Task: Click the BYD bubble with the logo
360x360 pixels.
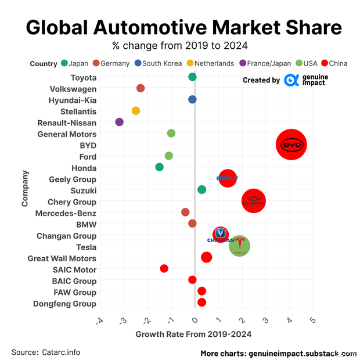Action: tap(291, 145)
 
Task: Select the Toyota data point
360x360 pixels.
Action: tap(192, 77)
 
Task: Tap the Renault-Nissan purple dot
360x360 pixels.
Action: tap(120, 122)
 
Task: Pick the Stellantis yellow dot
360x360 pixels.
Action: tap(136, 111)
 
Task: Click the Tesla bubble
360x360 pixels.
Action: tap(239, 246)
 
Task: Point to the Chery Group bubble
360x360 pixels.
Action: tap(253, 201)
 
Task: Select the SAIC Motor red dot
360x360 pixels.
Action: tap(164, 268)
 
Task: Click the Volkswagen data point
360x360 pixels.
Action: tap(141, 88)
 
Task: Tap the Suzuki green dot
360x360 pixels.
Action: tap(201, 190)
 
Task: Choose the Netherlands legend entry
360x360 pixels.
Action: tap(210, 63)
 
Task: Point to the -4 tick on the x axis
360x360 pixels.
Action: tap(99, 321)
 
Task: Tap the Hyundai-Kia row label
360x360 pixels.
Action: tap(73, 100)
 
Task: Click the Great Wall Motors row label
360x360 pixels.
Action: tap(62, 258)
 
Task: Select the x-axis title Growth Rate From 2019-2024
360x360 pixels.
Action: tap(193, 334)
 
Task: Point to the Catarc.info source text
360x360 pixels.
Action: tap(61, 352)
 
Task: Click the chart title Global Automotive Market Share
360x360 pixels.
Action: tap(184, 27)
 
